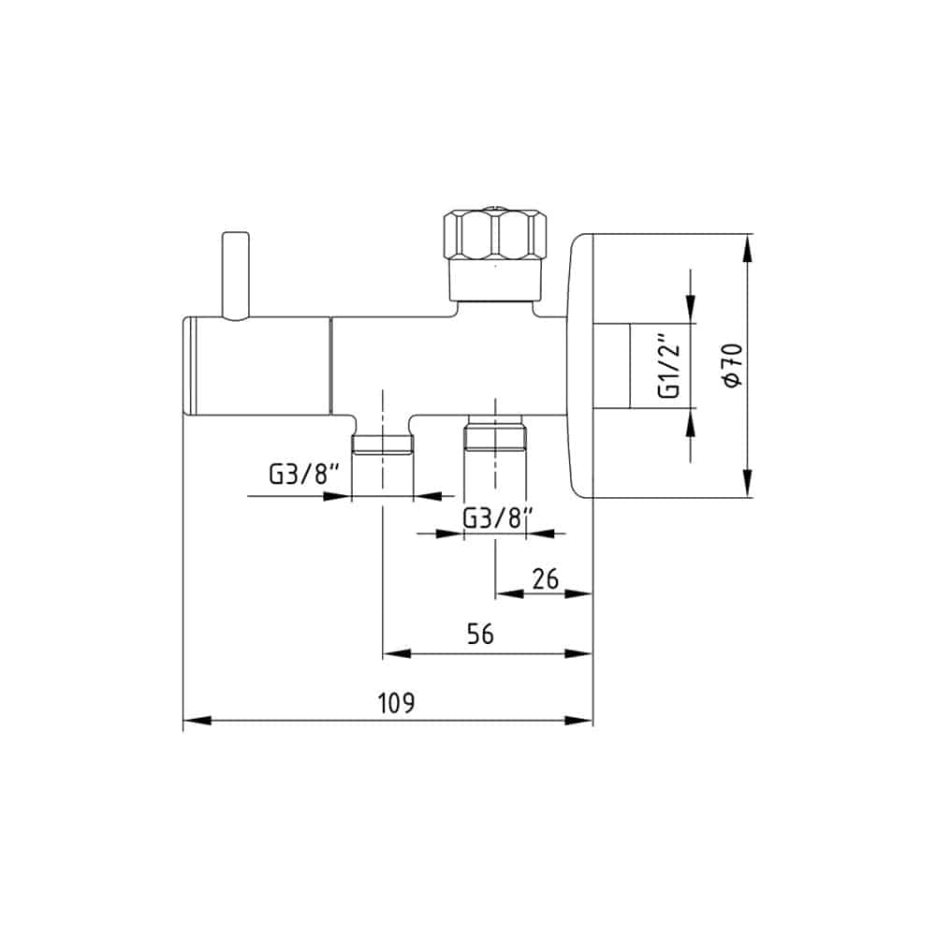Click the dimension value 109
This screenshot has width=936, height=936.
[396, 703]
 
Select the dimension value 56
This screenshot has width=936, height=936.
[480, 634]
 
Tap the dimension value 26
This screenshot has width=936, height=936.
[545, 579]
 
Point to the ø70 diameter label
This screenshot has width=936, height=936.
[733, 365]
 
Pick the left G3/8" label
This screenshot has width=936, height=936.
[304, 475]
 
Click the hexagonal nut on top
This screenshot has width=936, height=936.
[495, 234]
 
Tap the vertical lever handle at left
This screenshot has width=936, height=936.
[235, 276]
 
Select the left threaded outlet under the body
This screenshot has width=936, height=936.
[382, 445]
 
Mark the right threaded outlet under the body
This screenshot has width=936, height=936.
[495, 431]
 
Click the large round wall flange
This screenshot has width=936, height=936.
[581, 365]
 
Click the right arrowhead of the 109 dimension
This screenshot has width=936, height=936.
[578, 721]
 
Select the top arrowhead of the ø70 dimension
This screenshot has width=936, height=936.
[747, 248]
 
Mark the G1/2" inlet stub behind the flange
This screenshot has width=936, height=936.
[611, 366]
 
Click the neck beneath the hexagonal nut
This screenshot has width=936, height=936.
[495, 281]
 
